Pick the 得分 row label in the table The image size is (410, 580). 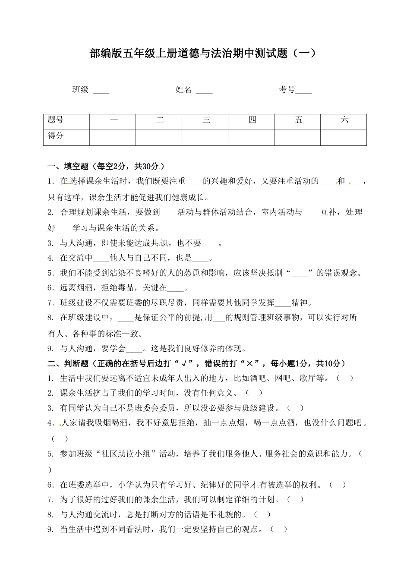click(x=66, y=137)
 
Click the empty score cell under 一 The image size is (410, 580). click(x=113, y=137)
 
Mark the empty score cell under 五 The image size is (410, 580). click(x=297, y=137)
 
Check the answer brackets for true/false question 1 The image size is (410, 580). click(x=345, y=378)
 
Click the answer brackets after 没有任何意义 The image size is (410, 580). click(x=254, y=393)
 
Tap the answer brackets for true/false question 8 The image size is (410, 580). click(x=262, y=514)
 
